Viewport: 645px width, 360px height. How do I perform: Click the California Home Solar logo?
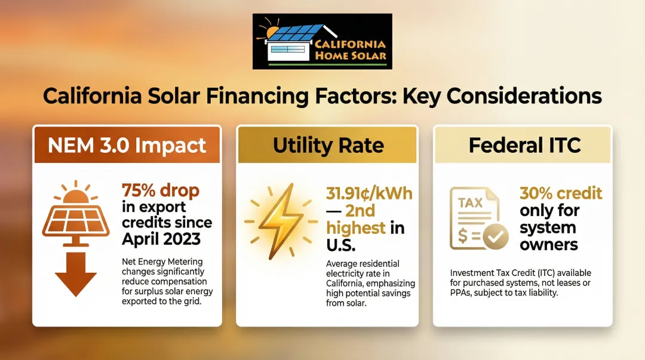tap(322, 42)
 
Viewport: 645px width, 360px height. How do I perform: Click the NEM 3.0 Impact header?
tap(127, 145)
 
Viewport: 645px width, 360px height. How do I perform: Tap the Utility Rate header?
tap(328, 145)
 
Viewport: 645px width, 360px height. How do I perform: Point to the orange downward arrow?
tap(76, 274)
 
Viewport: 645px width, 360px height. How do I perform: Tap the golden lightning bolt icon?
tap(281, 221)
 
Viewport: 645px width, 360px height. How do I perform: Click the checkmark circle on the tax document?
tap(496, 236)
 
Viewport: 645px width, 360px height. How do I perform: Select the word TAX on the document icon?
tap(470, 203)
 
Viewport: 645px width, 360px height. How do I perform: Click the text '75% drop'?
tap(161, 190)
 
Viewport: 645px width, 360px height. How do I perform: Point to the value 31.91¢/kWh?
tap(369, 193)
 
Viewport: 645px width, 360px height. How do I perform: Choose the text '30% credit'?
tap(561, 193)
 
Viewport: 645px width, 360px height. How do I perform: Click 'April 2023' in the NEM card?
tap(161, 239)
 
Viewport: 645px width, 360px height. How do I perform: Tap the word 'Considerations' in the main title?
tap(524, 96)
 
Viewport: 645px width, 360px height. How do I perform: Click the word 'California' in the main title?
tap(92, 96)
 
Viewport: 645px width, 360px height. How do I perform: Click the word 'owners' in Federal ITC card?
tap(549, 244)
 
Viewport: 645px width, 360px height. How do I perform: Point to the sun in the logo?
tap(272, 32)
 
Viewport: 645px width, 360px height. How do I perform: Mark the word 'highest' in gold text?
tap(356, 228)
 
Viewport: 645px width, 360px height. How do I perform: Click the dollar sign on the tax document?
tap(462, 236)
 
